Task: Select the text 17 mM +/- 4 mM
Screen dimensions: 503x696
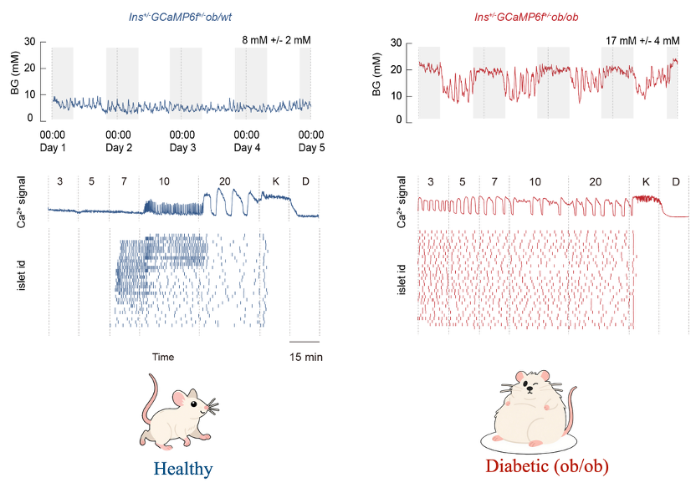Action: (x=642, y=39)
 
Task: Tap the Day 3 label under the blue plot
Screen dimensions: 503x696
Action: (x=182, y=147)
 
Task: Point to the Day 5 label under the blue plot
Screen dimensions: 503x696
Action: (x=311, y=147)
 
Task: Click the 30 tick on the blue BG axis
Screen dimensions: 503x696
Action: (x=30, y=42)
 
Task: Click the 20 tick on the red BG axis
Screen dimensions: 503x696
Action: (x=397, y=69)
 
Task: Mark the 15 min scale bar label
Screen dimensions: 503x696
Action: (x=304, y=357)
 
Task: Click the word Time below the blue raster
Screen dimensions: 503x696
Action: (x=163, y=357)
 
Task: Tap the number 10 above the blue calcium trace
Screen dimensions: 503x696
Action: (x=164, y=181)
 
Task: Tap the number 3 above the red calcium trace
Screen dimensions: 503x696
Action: (x=430, y=181)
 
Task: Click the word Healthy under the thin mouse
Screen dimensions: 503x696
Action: (x=183, y=469)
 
